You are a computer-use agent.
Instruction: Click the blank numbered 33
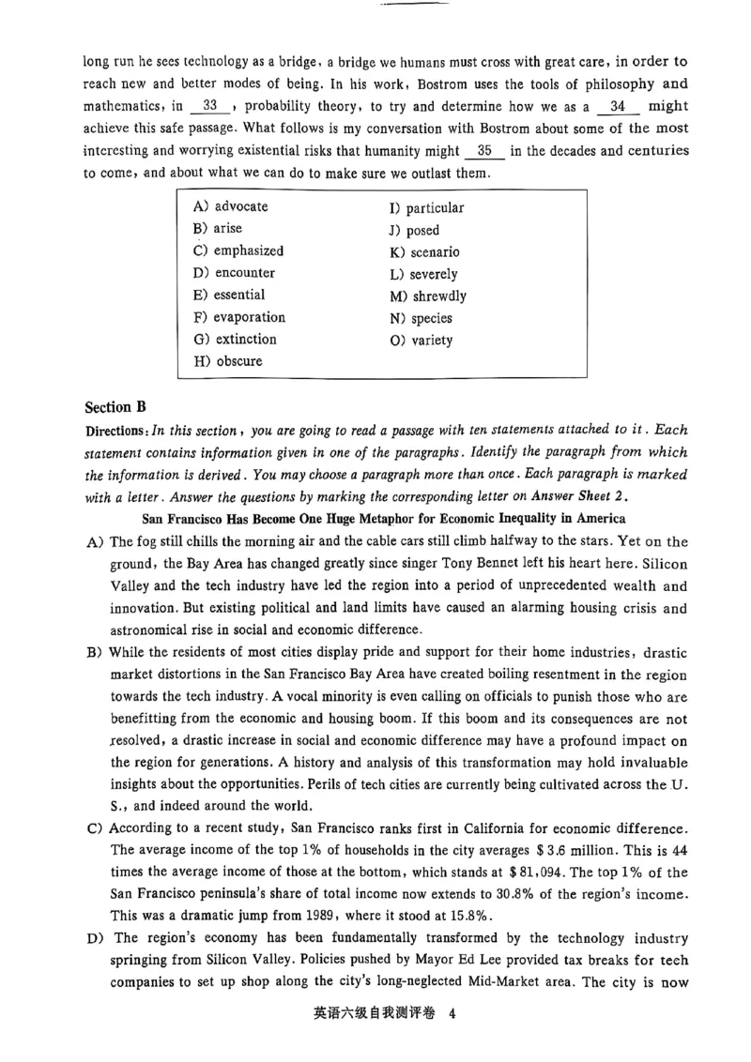210,107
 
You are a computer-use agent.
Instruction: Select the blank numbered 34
618,107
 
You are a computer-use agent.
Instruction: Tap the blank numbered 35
484,151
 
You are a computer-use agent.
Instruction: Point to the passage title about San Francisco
383,519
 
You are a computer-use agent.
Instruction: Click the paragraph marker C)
94,829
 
